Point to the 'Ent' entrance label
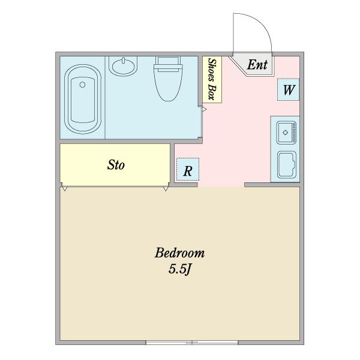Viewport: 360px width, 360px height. point(257,65)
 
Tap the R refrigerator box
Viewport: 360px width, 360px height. point(187,170)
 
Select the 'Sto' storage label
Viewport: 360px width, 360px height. point(116,164)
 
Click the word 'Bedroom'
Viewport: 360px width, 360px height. point(180,252)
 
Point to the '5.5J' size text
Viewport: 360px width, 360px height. point(179,269)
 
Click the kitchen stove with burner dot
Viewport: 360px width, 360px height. point(286,131)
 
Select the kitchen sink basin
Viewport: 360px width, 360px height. point(286,164)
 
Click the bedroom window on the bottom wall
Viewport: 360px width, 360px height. point(192,343)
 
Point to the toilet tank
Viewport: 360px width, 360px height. point(167,60)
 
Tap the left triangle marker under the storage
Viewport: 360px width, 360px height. point(64,189)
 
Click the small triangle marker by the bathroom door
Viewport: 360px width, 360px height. point(204,110)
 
